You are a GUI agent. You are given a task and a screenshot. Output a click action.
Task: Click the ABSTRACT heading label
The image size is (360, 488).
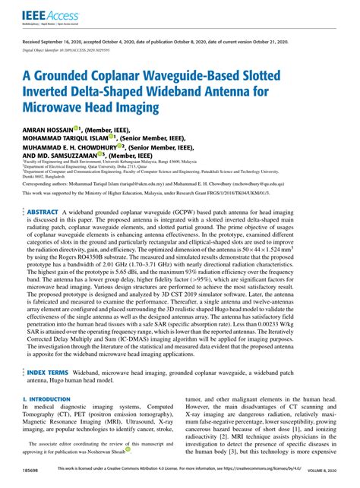[x=43, y=190]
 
